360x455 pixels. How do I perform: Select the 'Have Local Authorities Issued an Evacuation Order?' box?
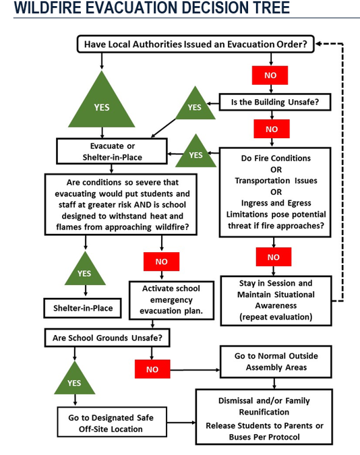click(x=196, y=44)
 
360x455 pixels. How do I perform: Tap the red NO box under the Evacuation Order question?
click(x=270, y=75)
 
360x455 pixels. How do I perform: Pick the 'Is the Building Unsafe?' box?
click(x=275, y=102)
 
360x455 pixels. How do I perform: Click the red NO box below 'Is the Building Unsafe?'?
click(x=272, y=129)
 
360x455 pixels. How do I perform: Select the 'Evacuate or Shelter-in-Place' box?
click(x=112, y=152)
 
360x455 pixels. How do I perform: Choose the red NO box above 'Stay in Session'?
click(x=274, y=257)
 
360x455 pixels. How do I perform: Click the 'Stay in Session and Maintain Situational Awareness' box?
click(x=276, y=301)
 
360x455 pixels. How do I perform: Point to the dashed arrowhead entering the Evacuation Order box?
click(x=318, y=44)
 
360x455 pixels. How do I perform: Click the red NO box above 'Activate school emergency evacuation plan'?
click(x=161, y=262)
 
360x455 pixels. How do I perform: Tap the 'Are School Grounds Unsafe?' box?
click(x=107, y=338)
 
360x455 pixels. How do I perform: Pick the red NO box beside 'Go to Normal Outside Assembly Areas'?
click(x=152, y=369)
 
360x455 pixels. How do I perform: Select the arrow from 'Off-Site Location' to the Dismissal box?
click(x=181, y=422)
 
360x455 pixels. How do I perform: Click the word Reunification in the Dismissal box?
click(x=264, y=412)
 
